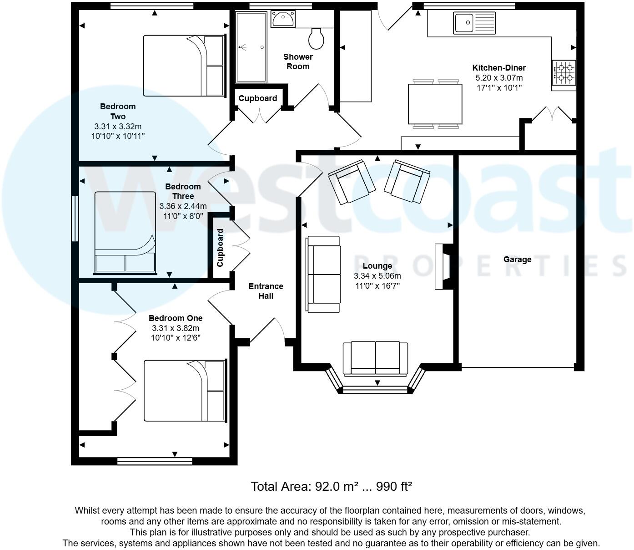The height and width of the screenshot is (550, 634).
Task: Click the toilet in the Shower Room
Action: coord(316,38)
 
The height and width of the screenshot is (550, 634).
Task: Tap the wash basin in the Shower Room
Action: coord(283,20)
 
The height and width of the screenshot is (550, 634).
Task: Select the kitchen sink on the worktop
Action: coord(474,23)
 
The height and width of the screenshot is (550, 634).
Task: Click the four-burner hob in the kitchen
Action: coord(564,73)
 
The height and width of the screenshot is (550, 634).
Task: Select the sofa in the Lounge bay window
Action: coord(375,358)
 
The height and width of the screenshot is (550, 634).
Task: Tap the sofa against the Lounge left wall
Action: coord(324,274)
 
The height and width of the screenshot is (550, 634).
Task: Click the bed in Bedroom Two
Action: coord(184,66)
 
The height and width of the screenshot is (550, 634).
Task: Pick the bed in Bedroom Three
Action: coord(125,232)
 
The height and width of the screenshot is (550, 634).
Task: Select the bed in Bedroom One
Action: coord(185,391)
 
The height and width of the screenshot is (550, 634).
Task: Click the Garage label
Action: coord(517,260)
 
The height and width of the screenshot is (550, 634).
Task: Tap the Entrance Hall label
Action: coord(266,291)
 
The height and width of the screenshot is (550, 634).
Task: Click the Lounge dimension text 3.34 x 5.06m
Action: coord(377,276)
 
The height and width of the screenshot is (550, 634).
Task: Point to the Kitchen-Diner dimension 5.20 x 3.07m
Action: coord(499,78)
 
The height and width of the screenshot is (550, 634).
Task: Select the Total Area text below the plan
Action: coord(331,486)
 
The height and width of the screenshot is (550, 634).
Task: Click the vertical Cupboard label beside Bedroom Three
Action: coord(220,248)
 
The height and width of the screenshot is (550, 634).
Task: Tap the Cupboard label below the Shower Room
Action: coord(257,98)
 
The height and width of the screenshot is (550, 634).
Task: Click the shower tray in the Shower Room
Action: coord(251,47)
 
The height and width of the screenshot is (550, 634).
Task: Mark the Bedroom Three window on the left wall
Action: coord(75,219)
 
